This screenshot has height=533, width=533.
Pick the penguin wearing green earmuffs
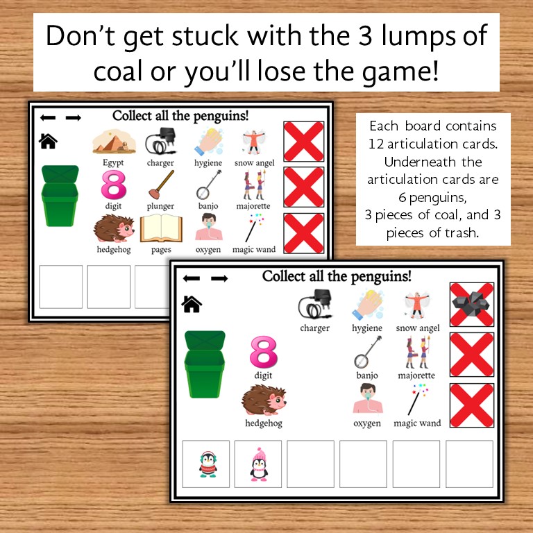208,464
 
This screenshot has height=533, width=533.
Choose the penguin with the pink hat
259,464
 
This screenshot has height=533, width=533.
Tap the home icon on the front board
192,303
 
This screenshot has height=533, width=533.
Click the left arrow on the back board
48,117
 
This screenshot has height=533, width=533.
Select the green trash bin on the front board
205,364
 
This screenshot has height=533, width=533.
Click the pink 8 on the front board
263,353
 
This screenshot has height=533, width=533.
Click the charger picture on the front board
314,306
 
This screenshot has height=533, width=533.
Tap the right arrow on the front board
219,278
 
